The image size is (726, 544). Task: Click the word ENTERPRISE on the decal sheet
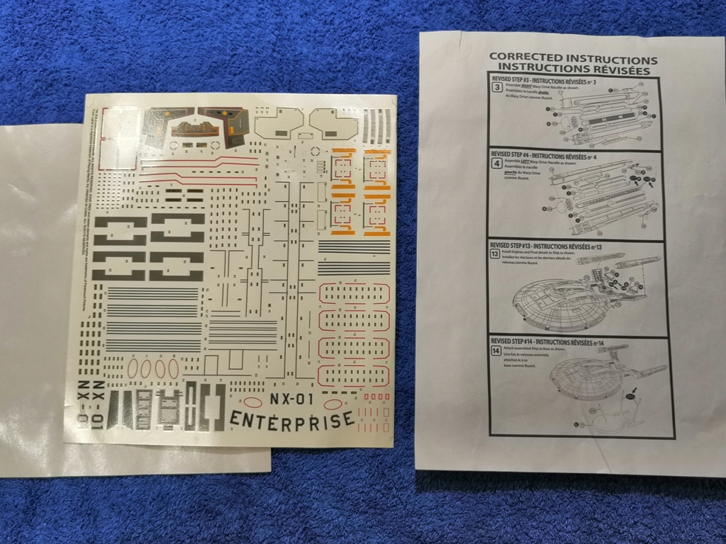pos(291,419)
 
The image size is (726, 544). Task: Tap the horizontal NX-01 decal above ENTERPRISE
pos(291,399)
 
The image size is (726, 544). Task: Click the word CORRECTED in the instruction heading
pos(527,59)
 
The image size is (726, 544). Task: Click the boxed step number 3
pos(498,88)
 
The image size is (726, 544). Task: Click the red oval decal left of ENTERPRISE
pos(252,402)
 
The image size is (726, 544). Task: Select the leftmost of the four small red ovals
pos(133,368)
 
